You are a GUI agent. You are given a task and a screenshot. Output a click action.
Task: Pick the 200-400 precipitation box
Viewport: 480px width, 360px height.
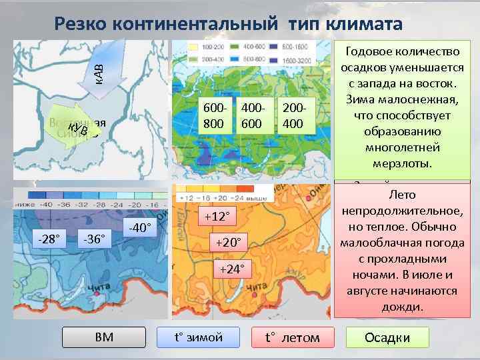click(x=294, y=116)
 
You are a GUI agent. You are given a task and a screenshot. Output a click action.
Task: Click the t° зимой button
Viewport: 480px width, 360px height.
click(x=199, y=337)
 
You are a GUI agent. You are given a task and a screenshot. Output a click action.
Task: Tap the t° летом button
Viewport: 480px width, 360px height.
click(x=292, y=337)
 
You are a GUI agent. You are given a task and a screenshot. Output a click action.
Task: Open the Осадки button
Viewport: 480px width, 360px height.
click(x=387, y=337)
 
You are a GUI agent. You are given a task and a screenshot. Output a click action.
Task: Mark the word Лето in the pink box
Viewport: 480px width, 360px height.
click(x=400, y=195)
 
